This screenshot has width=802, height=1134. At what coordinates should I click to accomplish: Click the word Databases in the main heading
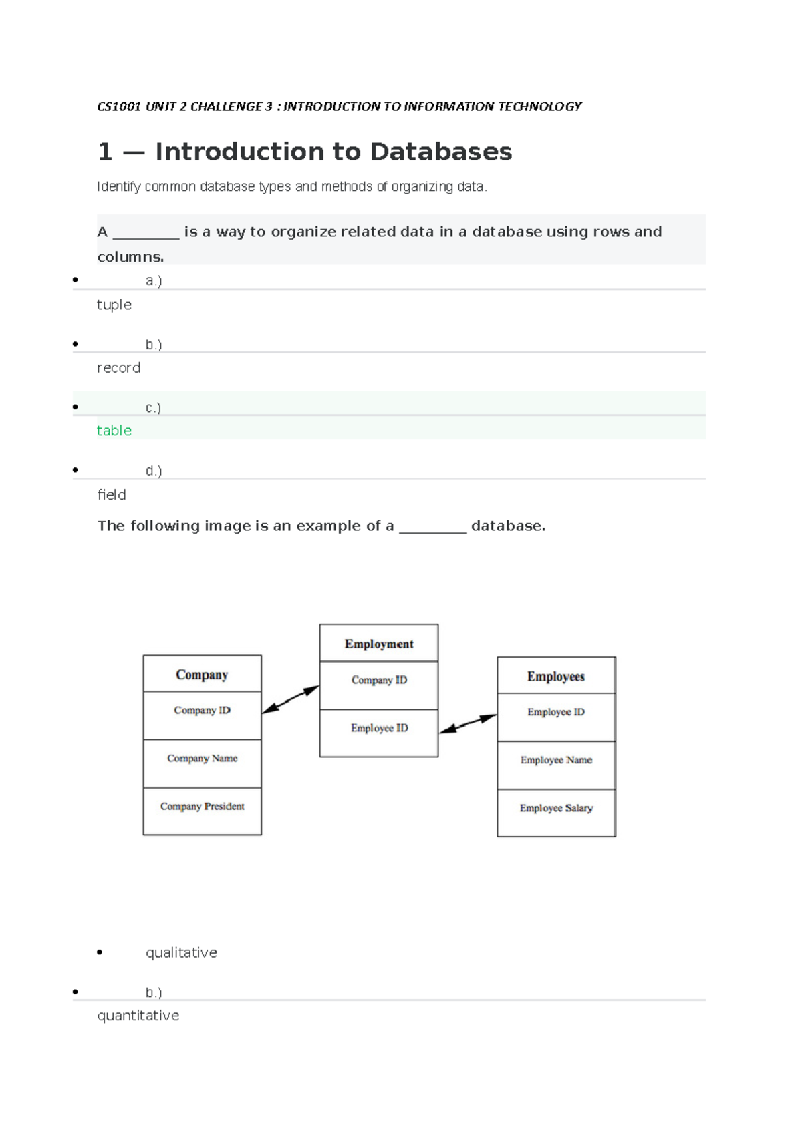pyautogui.click(x=440, y=152)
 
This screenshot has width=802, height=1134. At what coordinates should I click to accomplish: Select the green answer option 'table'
pyautogui.click(x=114, y=431)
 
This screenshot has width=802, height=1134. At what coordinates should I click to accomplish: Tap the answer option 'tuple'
pyautogui.click(x=114, y=305)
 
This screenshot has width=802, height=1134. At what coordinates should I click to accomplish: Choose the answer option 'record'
pyautogui.click(x=119, y=368)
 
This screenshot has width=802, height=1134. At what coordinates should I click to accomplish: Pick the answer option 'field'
pyautogui.click(x=112, y=494)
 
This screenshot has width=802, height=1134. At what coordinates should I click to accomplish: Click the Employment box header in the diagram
pyautogui.click(x=379, y=644)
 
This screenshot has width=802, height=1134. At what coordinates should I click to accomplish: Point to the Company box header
pyautogui.click(x=202, y=675)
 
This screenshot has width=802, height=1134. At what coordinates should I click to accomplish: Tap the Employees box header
pyautogui.click(x=556, y=677)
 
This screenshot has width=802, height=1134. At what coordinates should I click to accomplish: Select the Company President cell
pyautogui.click(x=202, y=807)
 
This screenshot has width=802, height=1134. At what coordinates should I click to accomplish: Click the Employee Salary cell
pyautogui.click(x=556, y=808)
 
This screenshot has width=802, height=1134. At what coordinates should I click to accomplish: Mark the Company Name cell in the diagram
pyautogui.click(x=202, y=759)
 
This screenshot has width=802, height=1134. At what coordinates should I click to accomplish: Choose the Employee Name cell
pyautogui.click(x=556, y=760)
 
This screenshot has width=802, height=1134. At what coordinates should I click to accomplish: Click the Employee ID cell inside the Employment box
pyautogui.click(x=379, y=728)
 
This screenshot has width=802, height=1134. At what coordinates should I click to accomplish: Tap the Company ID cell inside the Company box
pyautogui.click(x=202, y=711)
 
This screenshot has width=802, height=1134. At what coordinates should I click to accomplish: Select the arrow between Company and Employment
pyautogui.click(x=291, y=699)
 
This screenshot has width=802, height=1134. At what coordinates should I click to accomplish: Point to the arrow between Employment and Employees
pyautogui.click(x=468, y=724)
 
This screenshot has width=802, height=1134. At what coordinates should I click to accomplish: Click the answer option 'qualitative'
pyautogui.click(x=181, y=952)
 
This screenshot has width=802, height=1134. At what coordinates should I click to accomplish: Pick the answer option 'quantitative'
pyautogui.click(x=138, y=1016)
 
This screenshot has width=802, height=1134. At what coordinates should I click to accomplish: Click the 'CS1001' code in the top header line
pyautogui.click(x=119, y=106)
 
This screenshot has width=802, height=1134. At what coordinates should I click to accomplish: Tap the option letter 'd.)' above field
pyautogui.click(x=154, y=471)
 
